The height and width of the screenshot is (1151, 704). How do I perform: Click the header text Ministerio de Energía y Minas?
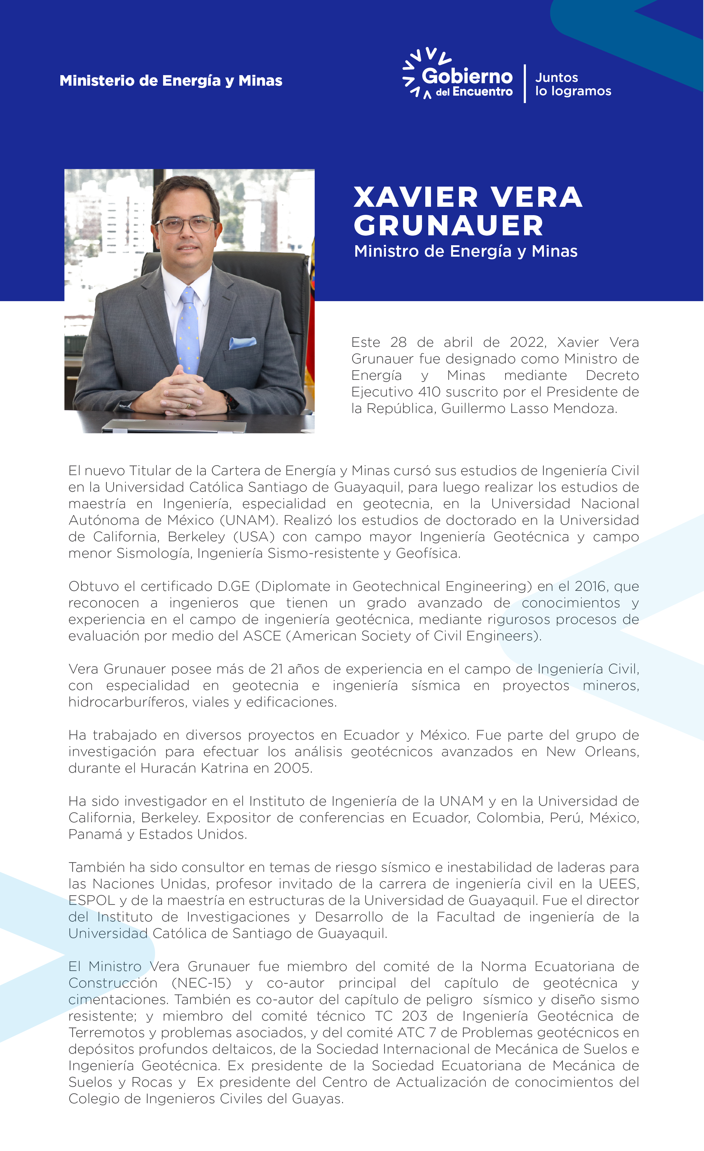171,81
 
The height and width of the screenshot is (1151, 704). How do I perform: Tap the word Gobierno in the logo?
467,76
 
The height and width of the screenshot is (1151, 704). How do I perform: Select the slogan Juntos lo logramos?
573,84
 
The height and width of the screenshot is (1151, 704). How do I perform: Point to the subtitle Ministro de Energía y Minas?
466,251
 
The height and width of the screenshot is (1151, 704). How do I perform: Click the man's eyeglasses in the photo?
186,225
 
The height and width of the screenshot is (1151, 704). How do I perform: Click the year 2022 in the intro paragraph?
527,342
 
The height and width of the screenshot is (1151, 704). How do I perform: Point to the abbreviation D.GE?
234,586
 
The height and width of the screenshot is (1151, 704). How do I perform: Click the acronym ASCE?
262,636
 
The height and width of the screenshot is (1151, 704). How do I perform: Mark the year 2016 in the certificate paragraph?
591,586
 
